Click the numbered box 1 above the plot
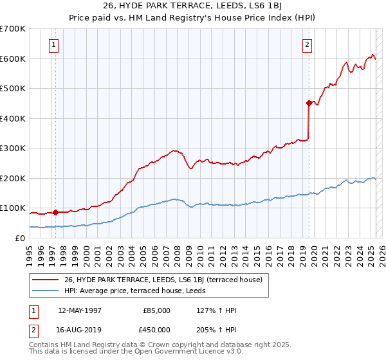[x=53, y=45]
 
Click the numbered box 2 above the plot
[x=308, y=45]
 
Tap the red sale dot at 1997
[x=55, y=212]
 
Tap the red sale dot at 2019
[x=309, y=103]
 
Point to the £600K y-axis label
[x=12, y=59]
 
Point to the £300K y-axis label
[x=12, y=148]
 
